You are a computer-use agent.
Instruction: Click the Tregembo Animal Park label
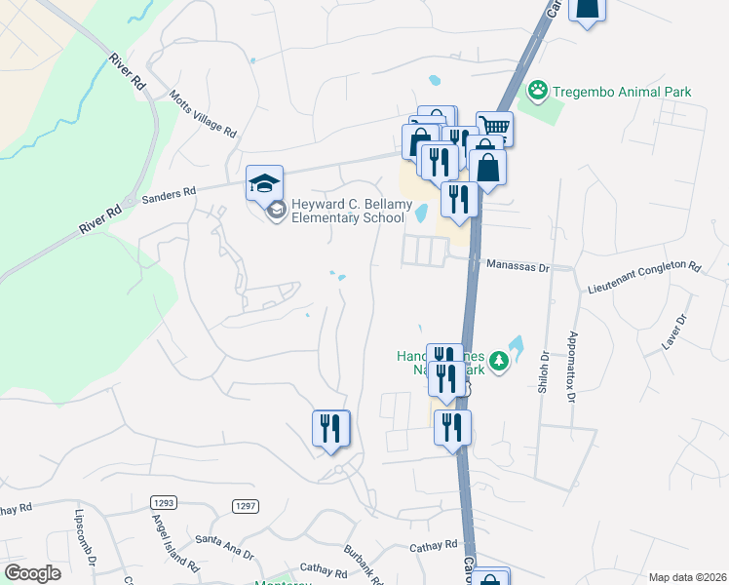click(x=622, y=93)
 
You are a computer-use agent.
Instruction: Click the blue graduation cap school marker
click(x=264, y=182)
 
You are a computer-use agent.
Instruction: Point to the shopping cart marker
click(x=495, y=128)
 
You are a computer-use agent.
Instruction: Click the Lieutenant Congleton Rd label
click(x=644, y=264)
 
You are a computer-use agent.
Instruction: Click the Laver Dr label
click(x=674, y=331)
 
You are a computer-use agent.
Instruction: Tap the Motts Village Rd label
click(x=202, y=114)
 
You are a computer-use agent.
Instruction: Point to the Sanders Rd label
click(x=170, y=196)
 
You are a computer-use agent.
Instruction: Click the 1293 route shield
click(x=163, y=502)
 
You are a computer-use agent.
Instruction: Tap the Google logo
click(x=32, y=573)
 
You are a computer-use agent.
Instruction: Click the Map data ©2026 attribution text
click(x=687, y=577)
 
